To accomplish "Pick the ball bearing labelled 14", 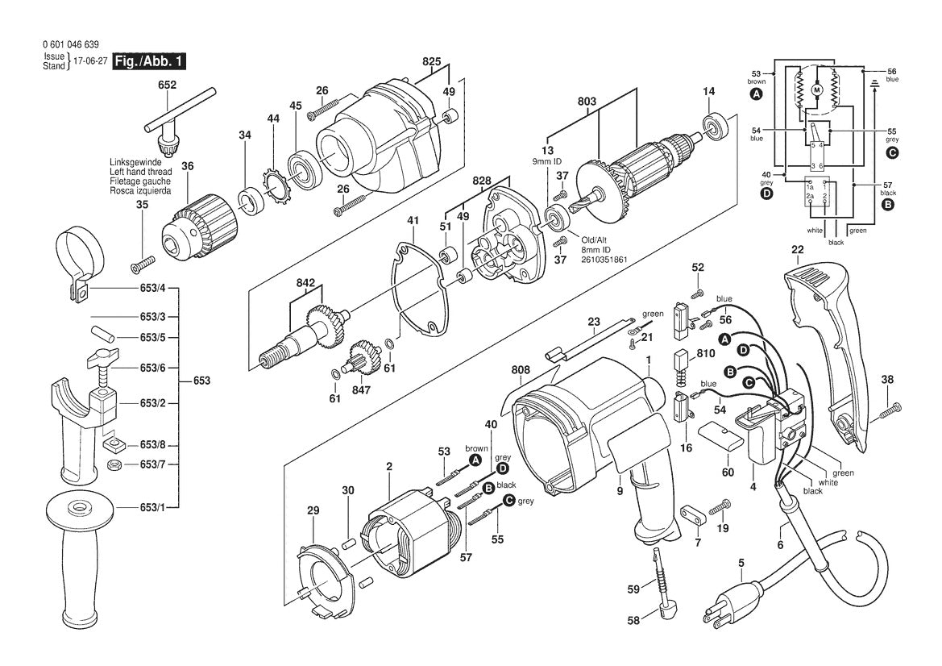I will pos(714,126).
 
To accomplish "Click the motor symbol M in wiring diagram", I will pos(815,90).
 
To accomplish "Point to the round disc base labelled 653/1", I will pos(80,509).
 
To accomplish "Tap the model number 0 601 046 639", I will pos(72,46).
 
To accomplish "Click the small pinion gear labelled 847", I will pos(363,355).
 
